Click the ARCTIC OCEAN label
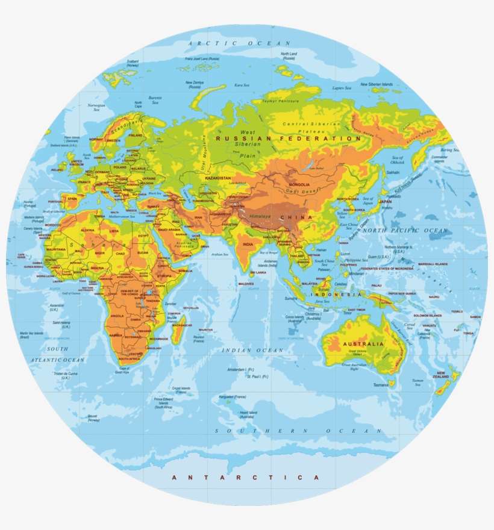coord(239,43)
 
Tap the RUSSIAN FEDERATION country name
coord(289,139)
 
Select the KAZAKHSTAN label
coord(219,179)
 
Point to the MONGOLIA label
coord(299,184)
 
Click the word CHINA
coord(300,217)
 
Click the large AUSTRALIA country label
coord(363,344)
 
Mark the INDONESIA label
coord(336,295)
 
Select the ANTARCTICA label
coord(245,477)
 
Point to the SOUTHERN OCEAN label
coord(299,431)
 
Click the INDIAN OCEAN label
coord(252,350)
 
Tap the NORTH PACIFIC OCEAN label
coord(413,231)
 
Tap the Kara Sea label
coord(242,86)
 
